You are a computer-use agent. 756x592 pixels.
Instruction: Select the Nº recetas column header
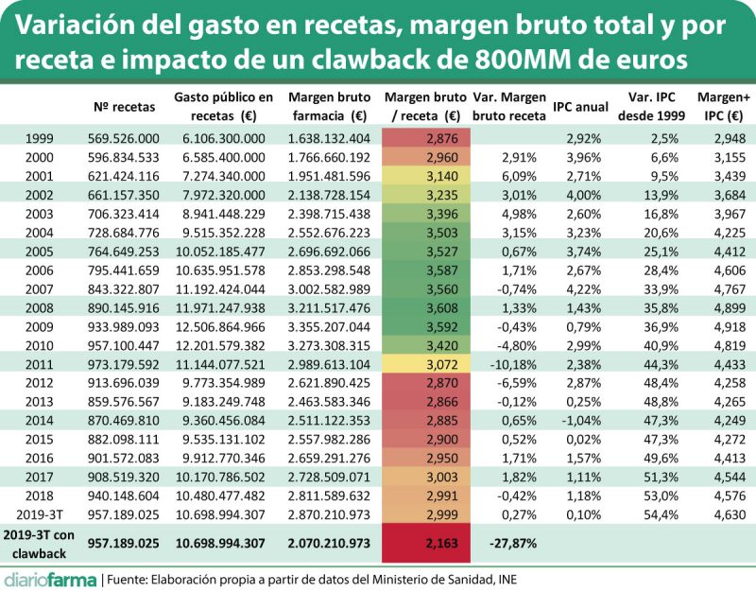click(x=128, y=106)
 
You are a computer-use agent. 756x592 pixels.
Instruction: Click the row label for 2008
click(x=41, y=307)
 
